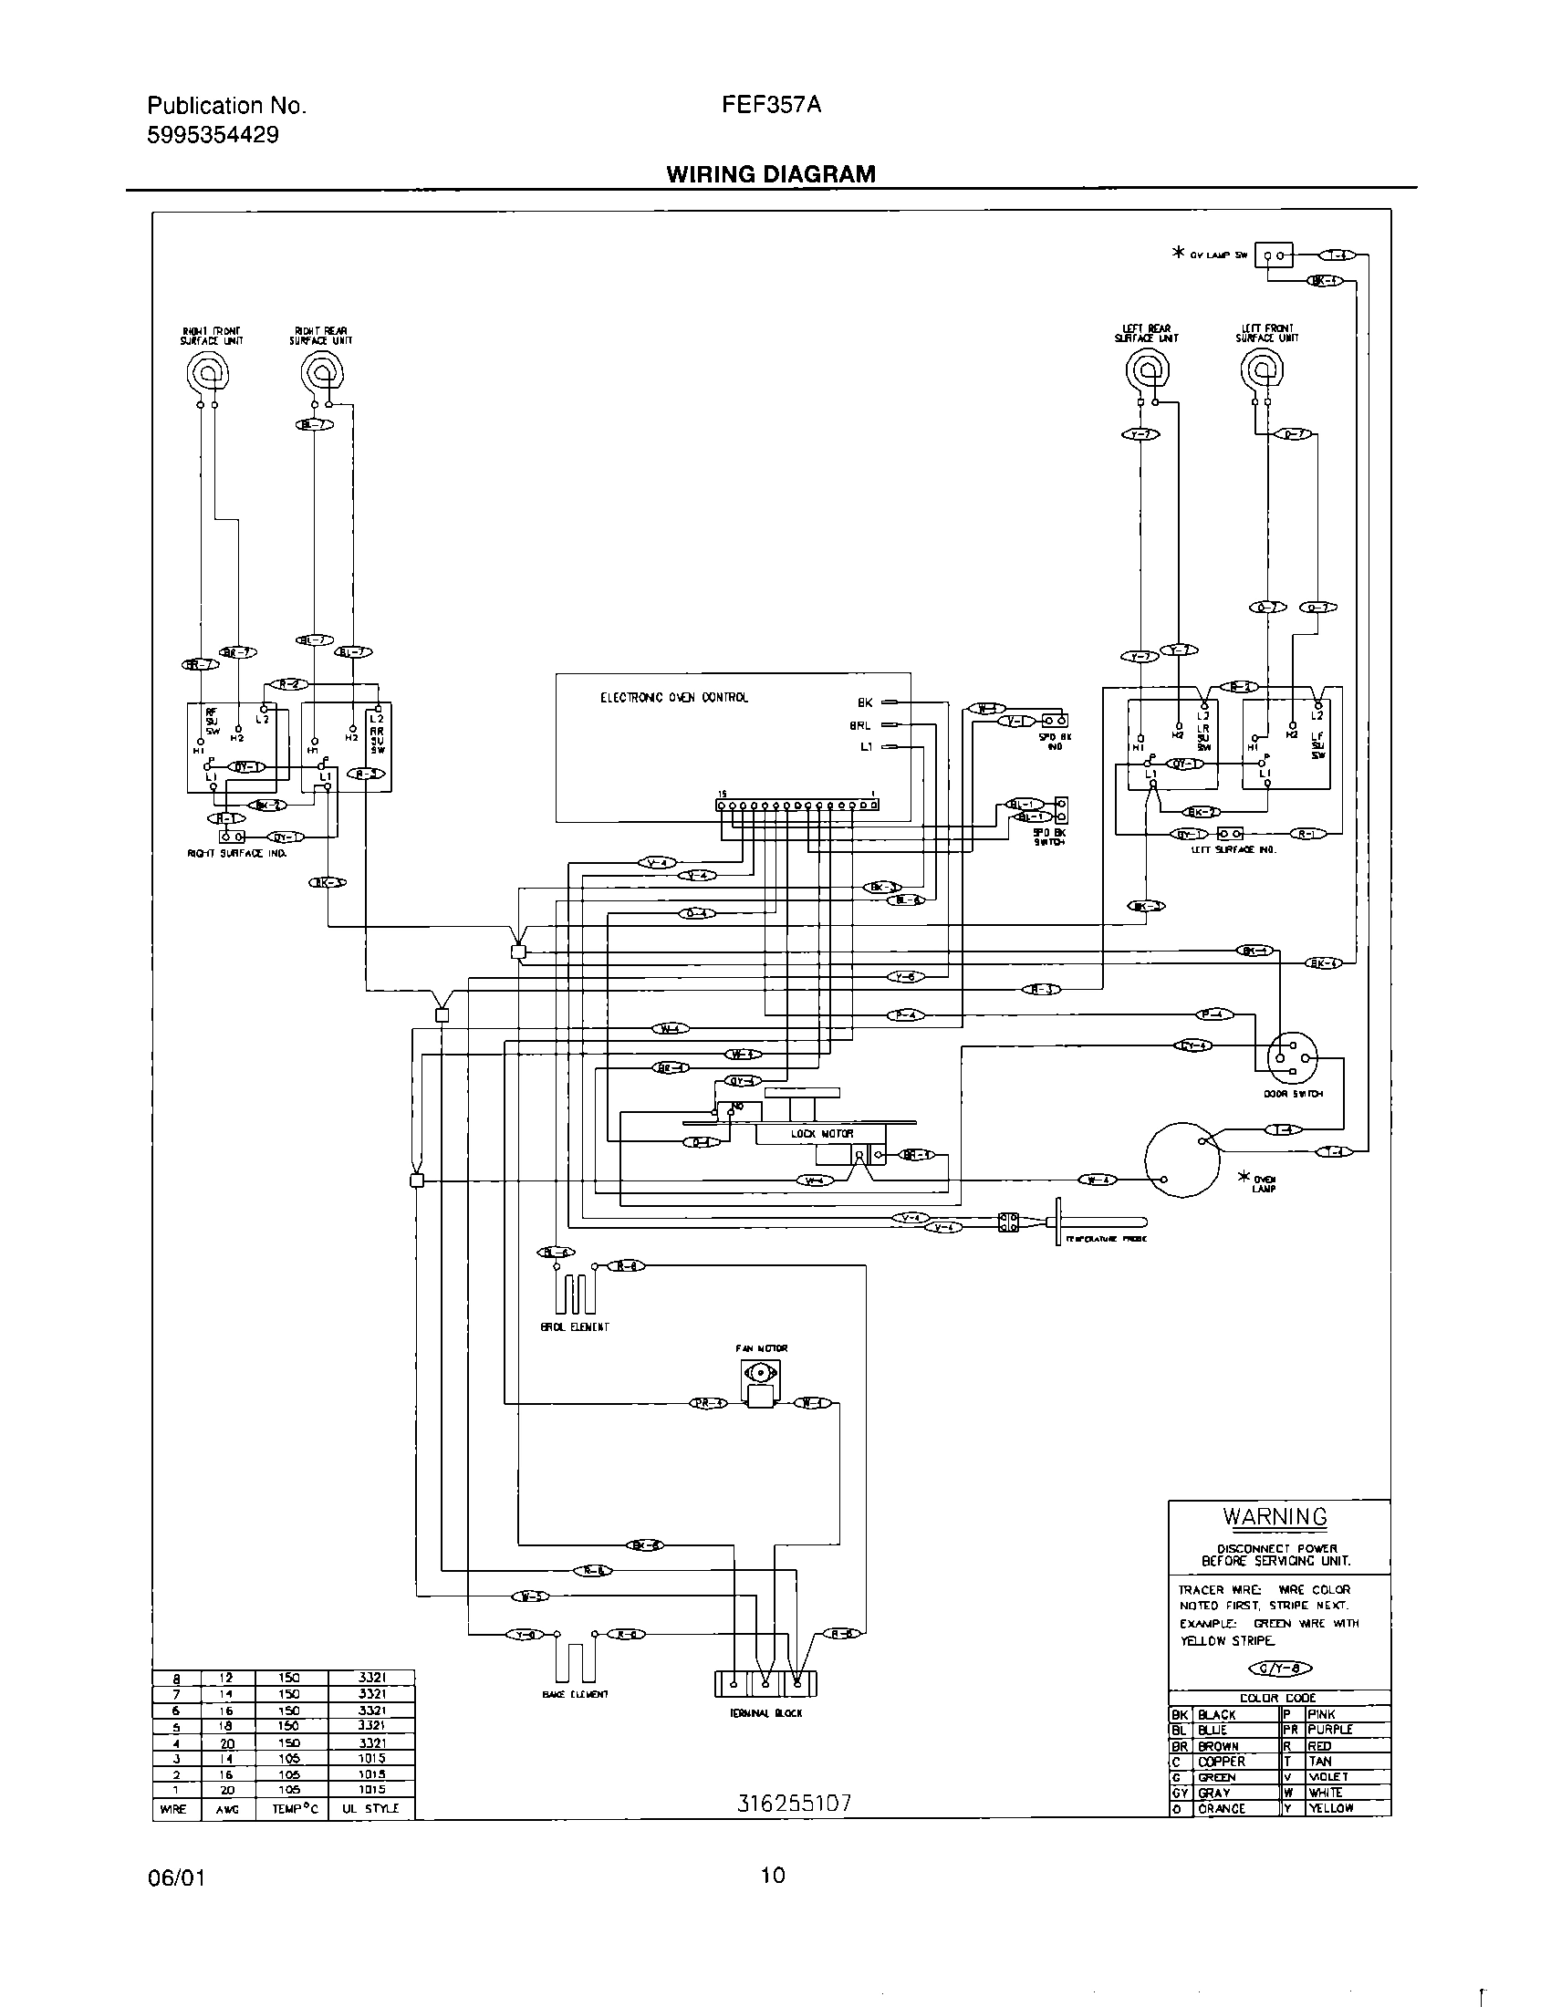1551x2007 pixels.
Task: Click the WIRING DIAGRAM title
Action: pos(770,173)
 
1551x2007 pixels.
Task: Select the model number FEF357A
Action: pos(771,105)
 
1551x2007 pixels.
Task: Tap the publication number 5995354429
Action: pos(213,136)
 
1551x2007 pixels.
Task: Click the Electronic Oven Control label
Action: pos(673,698)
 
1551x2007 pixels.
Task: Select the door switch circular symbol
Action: pos(1292,1059)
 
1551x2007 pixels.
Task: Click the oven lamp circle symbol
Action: pos(1183,1159)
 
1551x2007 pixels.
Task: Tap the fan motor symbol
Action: pos(760,1384)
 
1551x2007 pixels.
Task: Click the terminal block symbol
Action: pos(765,1683)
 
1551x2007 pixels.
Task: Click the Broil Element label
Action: pos(574,1326)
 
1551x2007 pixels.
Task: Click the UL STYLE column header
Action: pos(370,1808)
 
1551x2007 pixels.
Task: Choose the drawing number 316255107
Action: pos(794,1803)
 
